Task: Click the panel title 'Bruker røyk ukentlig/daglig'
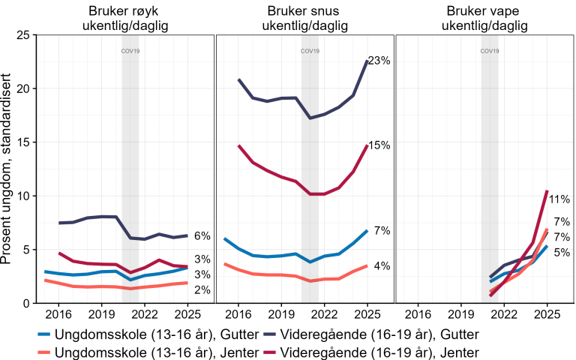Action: click(124, 18)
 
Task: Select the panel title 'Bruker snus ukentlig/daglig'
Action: click(304, 18)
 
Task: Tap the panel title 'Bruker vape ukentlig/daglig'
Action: click(484, 18)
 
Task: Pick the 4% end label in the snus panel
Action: click(382, 266)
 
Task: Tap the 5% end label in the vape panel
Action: click(561, 253)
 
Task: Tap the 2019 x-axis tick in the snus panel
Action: click(280, 313)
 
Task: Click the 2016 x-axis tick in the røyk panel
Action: click(58, 313)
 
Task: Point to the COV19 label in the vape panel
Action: click(489, 52)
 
